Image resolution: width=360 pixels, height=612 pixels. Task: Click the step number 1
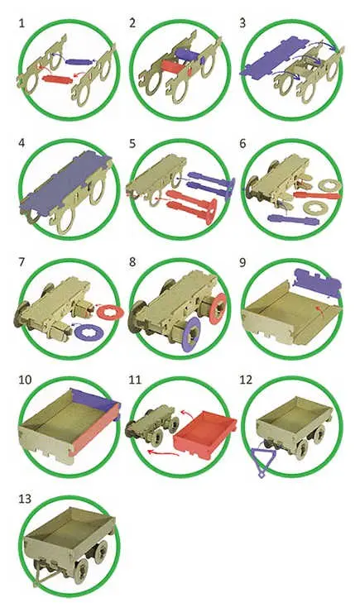pos(22,23)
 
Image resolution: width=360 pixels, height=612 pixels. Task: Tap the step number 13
pos(25,499)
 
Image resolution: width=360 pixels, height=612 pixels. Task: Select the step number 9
pos(242,262)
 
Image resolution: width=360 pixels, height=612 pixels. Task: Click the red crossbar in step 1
pos(57,79)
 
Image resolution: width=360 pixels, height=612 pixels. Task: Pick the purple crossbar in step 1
pos(80,61)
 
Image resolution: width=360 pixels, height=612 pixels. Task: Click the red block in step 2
pos(175,67)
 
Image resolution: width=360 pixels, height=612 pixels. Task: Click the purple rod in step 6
pos(293,221)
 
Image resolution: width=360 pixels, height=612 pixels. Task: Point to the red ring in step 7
pos(110,312)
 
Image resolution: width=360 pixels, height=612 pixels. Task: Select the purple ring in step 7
pos(89,333)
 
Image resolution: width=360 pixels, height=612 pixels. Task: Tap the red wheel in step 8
pos(218,308)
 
